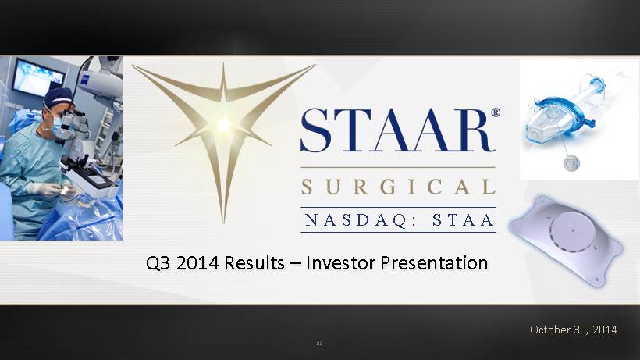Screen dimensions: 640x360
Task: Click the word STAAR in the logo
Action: click(x=397, y=130)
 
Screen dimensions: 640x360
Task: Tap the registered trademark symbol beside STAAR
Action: click(x=496, y=112)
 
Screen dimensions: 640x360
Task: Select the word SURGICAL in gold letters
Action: click(x=398, y=187)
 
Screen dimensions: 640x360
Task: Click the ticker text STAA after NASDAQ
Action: click(x=464, y=220)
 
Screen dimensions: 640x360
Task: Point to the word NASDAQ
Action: click(x=356, y=220)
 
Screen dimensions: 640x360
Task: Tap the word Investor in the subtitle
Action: click(x=340, y=262)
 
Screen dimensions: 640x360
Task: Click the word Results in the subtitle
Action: click(x=254, y=262)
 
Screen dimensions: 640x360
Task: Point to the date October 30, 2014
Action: click(x=574, y=330)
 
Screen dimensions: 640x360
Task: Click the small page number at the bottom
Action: click(x=319, y=344)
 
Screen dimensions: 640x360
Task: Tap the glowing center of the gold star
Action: click(x=224, y=124)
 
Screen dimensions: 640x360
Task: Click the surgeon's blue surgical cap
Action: click(x=58, y=97)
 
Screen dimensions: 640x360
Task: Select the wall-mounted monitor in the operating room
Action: click(x=37, y=77)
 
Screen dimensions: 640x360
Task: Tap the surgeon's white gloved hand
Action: click(x=46, y=189)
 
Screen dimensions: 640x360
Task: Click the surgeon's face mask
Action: click(x=56, y=122)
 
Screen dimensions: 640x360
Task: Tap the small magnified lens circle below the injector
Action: click(x=571, y=163)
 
